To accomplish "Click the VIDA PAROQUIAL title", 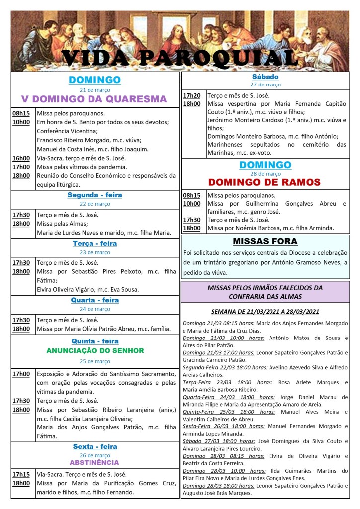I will (x=180, y=58).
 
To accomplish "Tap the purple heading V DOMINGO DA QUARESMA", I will (x=94, y=99).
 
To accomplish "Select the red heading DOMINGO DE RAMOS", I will (x=265, y=182).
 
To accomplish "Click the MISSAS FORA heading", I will (x=265, y=242).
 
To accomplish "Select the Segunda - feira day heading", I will (x=94, y=195).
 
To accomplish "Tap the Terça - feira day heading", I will (x=94, y=244).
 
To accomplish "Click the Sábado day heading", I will (x=265, y=77).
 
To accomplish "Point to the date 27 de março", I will (x=265, y=85).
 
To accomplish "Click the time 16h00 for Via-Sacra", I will (x=21, y=158).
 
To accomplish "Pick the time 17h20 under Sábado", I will (x=191, y=95).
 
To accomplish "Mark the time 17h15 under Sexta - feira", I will (x=21, y=474).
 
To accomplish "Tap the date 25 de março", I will (x=94, y=361).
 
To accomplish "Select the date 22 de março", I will (x=94, y=204).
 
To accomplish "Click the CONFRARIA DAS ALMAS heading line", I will (x=265, y=296).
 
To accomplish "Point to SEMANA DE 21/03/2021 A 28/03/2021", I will (x=265, y=312).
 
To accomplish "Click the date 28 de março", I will (x=265, y=173).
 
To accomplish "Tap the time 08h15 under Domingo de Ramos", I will (x=191, y=195).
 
